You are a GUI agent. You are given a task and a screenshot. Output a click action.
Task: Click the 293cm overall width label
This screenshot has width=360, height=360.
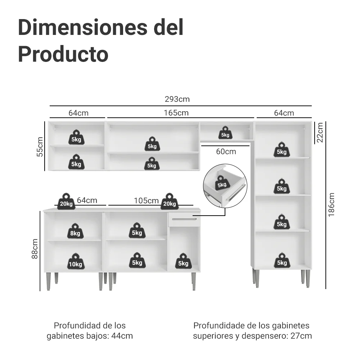pos(177,99)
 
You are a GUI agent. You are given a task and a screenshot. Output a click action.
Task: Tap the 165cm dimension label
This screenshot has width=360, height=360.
pos(176,113)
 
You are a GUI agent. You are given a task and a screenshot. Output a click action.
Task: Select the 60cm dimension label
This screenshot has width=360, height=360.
pos(226,152)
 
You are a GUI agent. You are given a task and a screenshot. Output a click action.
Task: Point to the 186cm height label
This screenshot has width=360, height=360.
pos(331,204)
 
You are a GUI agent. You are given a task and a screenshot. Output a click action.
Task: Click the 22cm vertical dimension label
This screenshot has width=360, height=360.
pos(320,132)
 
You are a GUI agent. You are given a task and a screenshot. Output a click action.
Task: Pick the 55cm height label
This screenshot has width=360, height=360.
pos(40,147)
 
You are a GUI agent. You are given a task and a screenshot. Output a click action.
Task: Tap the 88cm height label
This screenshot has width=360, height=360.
pos(35,249)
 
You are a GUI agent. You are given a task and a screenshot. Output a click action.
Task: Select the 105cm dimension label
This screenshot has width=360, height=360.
pos(146,201)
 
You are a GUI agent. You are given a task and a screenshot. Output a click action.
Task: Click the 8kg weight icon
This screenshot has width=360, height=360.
pos(75,231)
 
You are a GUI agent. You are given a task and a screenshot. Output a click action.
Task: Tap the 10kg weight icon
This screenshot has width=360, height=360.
pos(76,261)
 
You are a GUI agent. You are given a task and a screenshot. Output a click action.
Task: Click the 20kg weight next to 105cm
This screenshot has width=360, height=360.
pos(170,201)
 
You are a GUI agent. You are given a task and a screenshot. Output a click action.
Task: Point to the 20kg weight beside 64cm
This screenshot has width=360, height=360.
pos(66,201)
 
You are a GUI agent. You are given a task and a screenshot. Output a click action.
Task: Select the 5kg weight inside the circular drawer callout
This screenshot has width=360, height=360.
pos(222,183)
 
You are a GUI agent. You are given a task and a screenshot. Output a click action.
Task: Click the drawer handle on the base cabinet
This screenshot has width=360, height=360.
pos(184,219)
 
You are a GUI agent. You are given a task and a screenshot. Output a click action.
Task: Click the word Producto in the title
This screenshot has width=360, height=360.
pos(63,54)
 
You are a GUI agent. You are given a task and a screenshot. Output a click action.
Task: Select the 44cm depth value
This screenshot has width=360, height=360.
pos(122,336)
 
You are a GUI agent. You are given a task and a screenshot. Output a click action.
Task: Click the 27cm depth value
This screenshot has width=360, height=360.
pos(301,336)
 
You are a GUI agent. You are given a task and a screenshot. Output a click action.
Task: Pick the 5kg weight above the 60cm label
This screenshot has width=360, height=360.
pos(225,132)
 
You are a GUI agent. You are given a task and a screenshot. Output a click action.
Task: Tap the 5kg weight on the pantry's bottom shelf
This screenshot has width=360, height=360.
pos(282,261)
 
